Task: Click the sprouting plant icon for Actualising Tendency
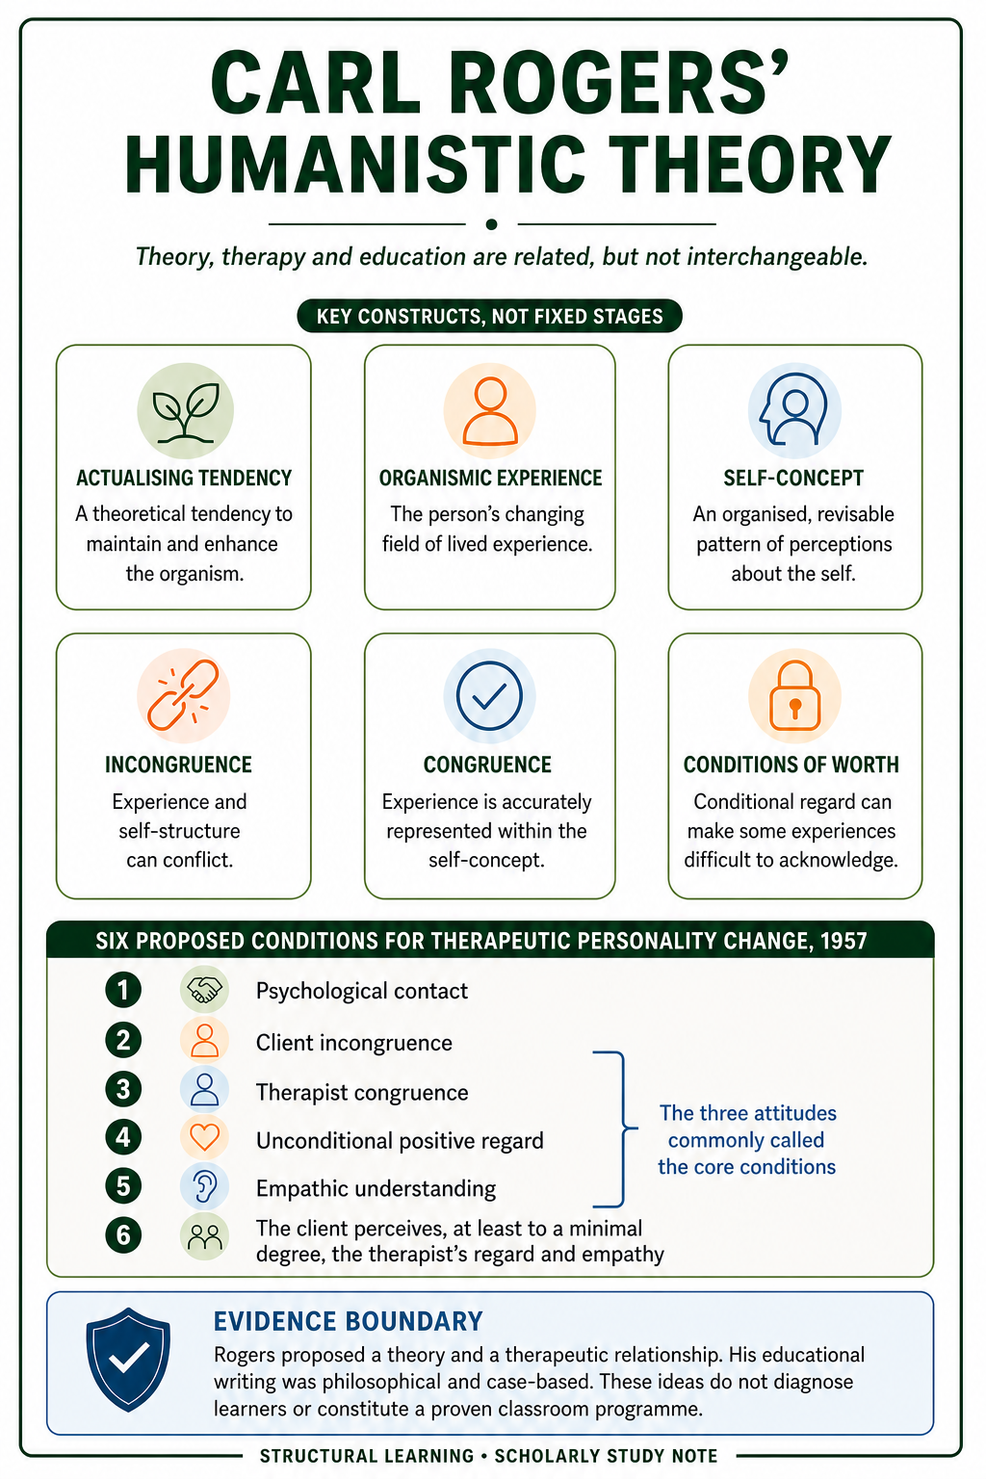click(185, 411)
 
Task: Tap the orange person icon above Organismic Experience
click(489, 411)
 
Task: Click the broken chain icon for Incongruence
click(184, 695)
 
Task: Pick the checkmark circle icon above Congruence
click(489, 695)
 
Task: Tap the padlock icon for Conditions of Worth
click(794, 695)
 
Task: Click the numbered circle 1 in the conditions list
click(123, 990)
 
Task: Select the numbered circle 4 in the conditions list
click(123, 1137)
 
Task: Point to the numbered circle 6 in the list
click(123, 1234)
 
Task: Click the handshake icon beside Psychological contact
click(205, 989)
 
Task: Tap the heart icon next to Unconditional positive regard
click(205, 1137)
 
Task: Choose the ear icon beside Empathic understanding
click(205, 1186)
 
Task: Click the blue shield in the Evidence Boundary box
click(128, 1360)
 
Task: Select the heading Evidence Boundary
click(348, 1321)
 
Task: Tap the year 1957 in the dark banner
click(843, 940)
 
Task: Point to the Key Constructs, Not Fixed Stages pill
click(489, 316)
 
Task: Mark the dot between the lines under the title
click(491, 224)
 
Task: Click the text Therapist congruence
click(362, 1092)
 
